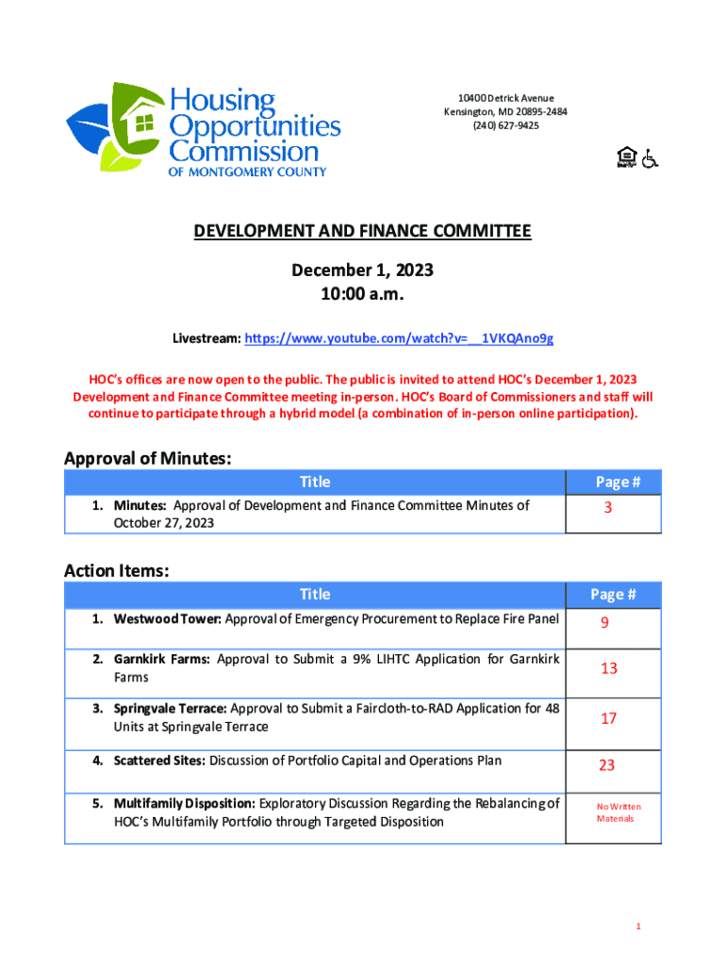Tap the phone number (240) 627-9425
[x=505, y=125]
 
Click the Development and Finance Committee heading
[x=362, y=232]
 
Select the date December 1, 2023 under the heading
[x=362, y=270]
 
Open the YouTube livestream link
[x=399, y=337]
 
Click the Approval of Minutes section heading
[x=147, y=458]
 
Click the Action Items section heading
[x=116, y=570]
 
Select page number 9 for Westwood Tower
[x=609, y=622]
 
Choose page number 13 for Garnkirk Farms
[x=609, y=668]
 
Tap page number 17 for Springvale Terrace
[x=609, y=718]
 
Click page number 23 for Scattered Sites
[x=606, y=765]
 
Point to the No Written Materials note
[x=618, y=812]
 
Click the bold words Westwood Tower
[x=167, y=619]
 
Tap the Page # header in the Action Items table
[x=613, y=594]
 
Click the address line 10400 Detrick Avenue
[x=505, y=98]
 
